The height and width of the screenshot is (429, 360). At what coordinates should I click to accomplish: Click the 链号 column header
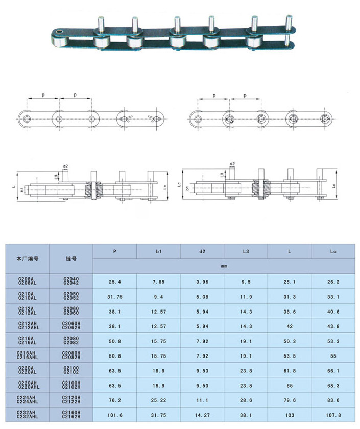point(71,258)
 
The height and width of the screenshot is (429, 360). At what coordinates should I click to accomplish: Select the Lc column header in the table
point(333,251)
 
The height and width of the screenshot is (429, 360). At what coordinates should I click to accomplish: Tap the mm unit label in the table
point(224,266)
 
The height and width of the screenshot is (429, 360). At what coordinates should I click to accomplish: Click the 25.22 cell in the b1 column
point(158,400)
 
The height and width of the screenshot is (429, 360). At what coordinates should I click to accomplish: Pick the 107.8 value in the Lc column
point(333,415)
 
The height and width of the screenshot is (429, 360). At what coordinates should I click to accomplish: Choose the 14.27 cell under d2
point(202,415)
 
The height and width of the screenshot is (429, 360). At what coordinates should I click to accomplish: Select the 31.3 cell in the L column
point(290,297)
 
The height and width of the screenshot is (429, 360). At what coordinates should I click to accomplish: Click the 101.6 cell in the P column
point(115,415)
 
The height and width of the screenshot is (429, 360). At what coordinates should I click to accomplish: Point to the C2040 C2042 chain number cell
point(71,281)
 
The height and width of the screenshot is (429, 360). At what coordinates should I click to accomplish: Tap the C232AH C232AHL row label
point(28,415)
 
